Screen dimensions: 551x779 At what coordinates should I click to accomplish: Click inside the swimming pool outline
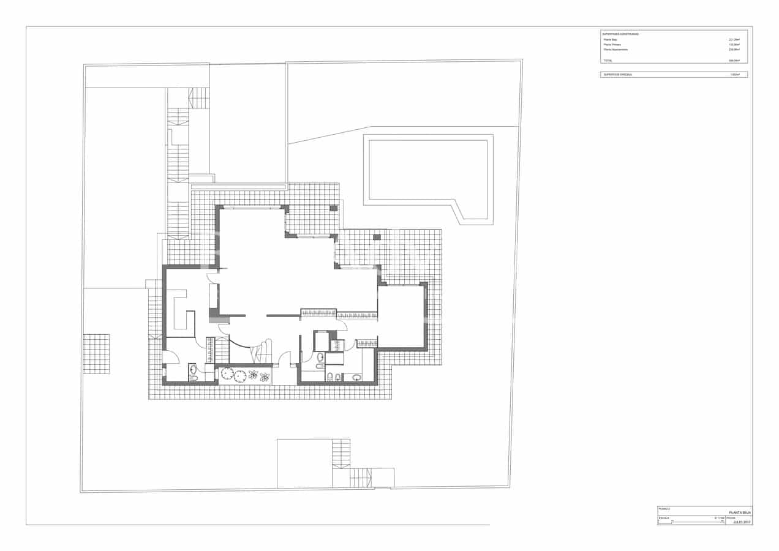pyautogui.click(x=427, y=170)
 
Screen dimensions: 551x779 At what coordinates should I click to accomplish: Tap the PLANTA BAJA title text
pyautogui.click(x=739, y=512)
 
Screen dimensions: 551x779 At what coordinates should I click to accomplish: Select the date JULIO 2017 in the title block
pyautogui.click(x=741, y=522)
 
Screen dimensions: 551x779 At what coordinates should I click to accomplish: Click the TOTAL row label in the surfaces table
pyautogui.click(x=608, y=61)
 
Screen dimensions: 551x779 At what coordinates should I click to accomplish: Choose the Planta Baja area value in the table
pyautogui.click(x=734, y=40)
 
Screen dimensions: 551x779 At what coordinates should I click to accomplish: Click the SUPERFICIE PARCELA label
pyautogui.click(x=617, y=75)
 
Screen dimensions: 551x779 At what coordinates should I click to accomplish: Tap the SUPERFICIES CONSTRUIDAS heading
pyautogui.click(x=620, y=34)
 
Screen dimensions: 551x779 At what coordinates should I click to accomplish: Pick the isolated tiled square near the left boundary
pyautogui.click(x=96, y=353)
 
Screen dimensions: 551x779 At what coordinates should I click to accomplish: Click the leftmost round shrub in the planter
pyautogui.click(x=227, y=373)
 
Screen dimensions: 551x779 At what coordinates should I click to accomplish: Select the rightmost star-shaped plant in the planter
pyautogui.click(x=265, y=377)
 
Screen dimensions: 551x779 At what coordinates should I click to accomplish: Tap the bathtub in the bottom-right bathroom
pyautogui.click(x=352, y=377)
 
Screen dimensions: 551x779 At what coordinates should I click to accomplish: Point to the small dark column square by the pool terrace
pyautogui.click(x=377, y=237)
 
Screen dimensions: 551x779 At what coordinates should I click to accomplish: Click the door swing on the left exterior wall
pyautogui.click(x=170, y=356)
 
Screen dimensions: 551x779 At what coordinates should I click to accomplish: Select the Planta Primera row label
pyautogui.click(x=612, y=45)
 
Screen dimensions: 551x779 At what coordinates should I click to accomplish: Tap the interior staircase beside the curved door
pyautogui.click(x=217, y=350)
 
